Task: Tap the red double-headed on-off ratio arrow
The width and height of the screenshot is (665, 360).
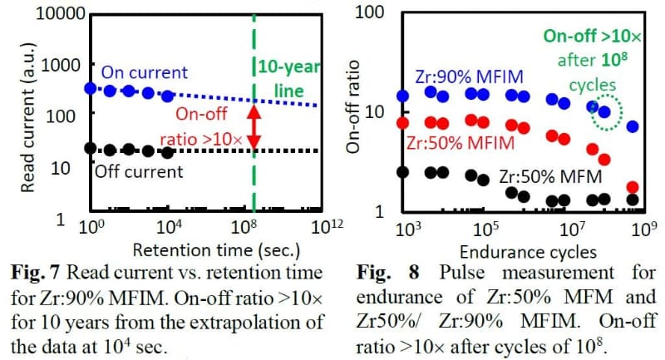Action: click(254, 124)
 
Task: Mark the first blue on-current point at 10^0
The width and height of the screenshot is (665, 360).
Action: click(91, 87)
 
